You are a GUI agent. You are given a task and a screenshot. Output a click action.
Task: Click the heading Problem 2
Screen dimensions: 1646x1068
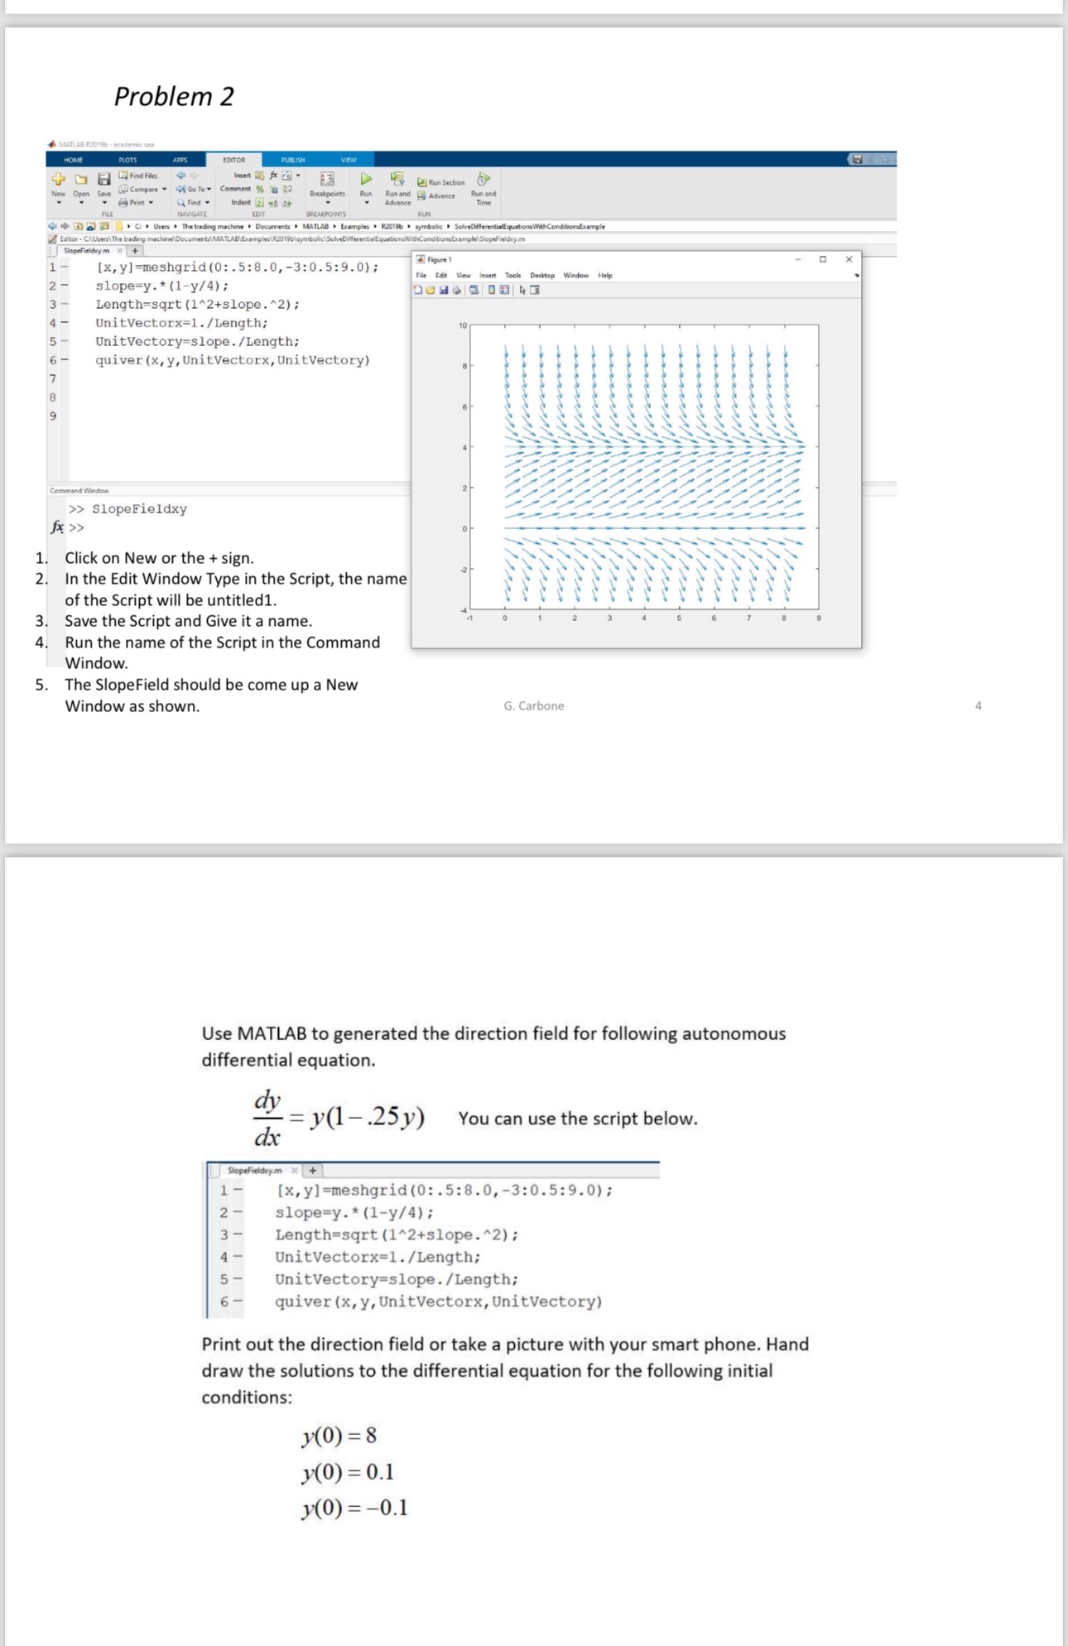(x=174, y=96)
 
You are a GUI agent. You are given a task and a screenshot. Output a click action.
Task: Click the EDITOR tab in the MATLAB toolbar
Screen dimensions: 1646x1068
(x=234, y=160)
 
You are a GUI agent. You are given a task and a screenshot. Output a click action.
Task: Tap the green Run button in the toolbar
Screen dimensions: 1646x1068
(x=366, y=180)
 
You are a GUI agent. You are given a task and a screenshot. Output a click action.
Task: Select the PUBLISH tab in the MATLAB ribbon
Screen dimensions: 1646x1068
(x=292, y=160)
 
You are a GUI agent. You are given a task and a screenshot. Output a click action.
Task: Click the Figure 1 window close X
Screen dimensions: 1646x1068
(x=849, y=259)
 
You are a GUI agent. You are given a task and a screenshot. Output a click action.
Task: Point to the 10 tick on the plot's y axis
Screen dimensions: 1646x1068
(x=463, y=325)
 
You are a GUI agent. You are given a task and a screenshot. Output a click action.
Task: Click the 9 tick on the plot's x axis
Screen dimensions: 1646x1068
(x=818, y=618)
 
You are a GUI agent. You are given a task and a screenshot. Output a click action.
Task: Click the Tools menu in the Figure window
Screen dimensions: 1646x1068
(x=512, y=275)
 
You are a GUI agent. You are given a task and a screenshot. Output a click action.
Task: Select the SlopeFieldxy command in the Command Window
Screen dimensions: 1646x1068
(x=139, y=509)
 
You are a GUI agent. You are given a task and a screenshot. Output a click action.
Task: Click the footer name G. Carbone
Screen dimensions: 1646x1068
(x=534, y=705)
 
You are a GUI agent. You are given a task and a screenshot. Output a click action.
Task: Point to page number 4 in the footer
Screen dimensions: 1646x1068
(x=978, y=705)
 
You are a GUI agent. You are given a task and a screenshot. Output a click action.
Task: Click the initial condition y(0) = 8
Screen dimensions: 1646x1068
(x=339, y=1435)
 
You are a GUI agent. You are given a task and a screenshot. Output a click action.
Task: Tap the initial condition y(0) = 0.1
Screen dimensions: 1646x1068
(x=348, y=1471)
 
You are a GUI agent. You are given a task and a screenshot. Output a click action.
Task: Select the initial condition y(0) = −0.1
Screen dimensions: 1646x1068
(x=354, y=1507)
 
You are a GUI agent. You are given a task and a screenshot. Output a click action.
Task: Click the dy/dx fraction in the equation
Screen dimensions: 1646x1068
(x=267, y=1118)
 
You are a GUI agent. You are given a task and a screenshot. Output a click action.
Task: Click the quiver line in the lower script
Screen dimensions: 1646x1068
(x=438, y=1302)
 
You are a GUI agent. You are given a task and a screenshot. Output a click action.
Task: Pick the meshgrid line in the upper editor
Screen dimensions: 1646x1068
(x=238, y=267)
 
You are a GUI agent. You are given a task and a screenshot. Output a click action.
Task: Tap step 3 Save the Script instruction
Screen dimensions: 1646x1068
(x=188, y=621)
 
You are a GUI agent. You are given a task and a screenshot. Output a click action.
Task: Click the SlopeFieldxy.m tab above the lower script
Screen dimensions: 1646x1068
(x=254, y=1170)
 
